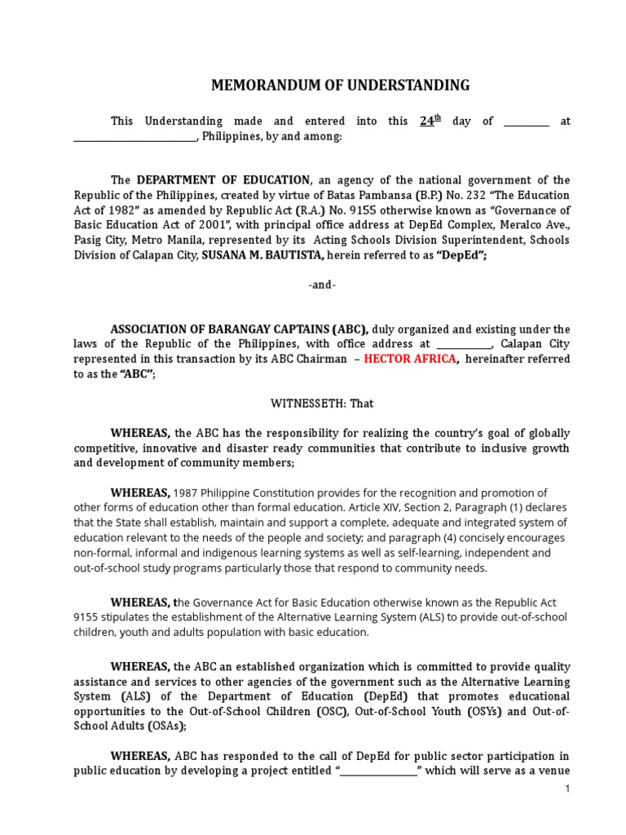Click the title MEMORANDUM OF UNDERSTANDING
point(341,85)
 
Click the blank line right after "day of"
point(527,122)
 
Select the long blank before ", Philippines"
point(135,138)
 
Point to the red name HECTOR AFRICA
point(410,359)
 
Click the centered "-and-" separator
point(322,285)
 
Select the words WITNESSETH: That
point(322,403)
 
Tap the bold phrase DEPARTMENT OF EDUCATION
point(223,179)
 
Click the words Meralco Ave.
point(540,226)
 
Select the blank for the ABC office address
point(464,344)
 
